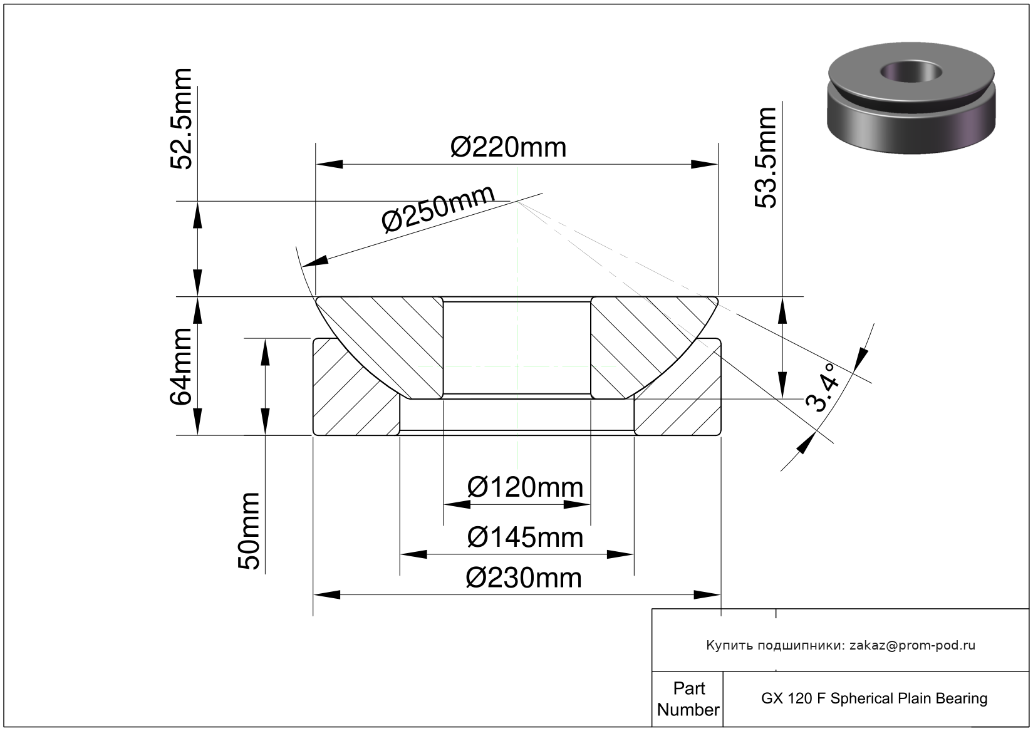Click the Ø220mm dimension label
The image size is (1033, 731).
[x=508, y=148]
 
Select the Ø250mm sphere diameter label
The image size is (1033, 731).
[x=438, y=209]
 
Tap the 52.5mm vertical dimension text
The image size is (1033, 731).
[x=182, y=119]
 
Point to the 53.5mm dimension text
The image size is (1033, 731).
[x=766, y=158]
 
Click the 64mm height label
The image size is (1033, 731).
[x=182, y=366]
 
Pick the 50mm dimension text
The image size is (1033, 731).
[x=249, y=531]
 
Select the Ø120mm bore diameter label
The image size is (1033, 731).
[x=525, y=487]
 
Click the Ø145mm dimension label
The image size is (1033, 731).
[x=525, y=537]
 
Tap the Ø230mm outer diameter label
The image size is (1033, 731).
[x=524, y=578]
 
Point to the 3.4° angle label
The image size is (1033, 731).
[x=823, y=388]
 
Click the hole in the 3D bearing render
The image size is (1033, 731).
[x=911, y=71]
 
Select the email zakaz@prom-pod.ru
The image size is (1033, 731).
[x=912, y=645]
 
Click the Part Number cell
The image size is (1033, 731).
[x=688, y=699]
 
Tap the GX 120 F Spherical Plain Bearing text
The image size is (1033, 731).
[x=874, y=698]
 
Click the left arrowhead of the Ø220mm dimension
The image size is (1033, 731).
[x=330, y=165]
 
